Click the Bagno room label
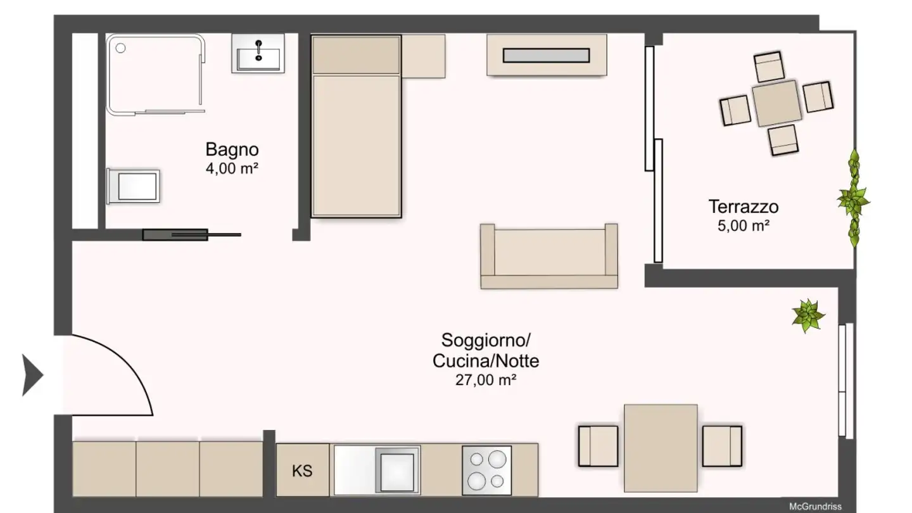[x=232, y=150]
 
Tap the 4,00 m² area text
[x=232, y=169]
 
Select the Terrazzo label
[x=744, y=206]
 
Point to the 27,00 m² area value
[x=486, y=380]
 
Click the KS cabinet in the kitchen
[x=302, y=471]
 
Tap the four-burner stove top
[x=486, y=471]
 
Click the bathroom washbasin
[x=258, y=54]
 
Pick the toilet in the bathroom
[x=133, y=186]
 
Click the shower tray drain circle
[x=121, y=47]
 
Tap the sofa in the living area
[x=549, y=256]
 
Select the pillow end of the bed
[x=356, y=54]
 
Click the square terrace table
[x=776, y=103]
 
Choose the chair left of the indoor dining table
[x=598, y=446]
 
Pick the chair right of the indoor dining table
[x=722, y=446]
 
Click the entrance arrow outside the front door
[x=32, y=376]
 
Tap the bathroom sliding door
[x=190, y=235]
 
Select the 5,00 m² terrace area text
[x=744, y=225]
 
